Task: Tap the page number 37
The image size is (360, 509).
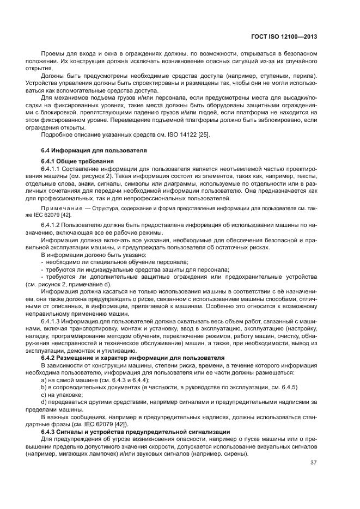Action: tap(313, 463)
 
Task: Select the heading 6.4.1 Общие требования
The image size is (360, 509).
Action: tap(77, 162)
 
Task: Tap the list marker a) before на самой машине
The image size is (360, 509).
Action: tap(44, 379)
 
